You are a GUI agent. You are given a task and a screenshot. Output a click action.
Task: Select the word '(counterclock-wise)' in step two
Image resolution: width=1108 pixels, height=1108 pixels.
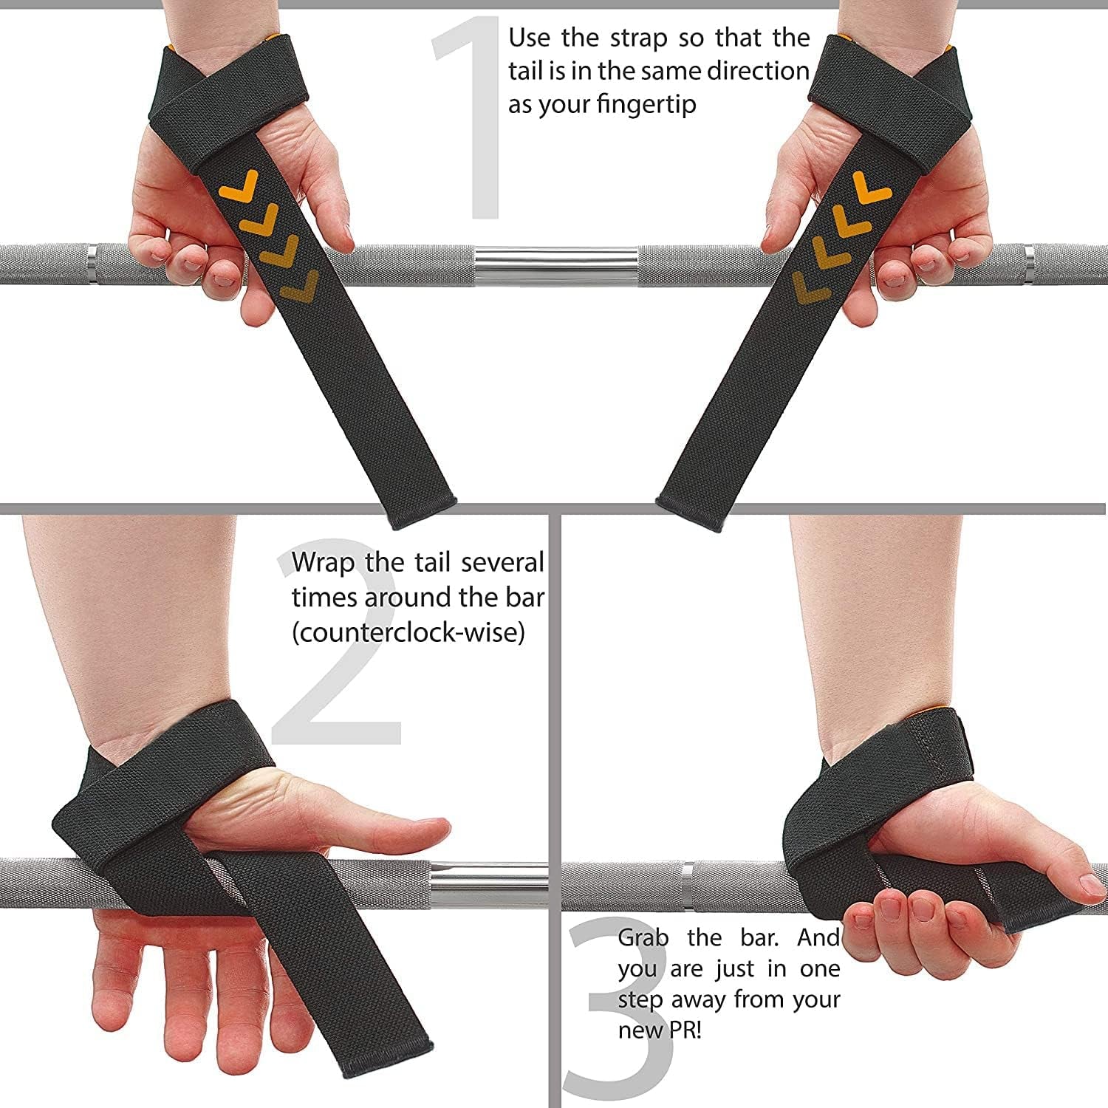point(408,632)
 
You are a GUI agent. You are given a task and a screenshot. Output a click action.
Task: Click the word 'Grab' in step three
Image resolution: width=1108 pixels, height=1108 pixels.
point(643,938)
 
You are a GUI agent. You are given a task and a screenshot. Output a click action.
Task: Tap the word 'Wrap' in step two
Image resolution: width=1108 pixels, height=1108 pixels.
point(323,563)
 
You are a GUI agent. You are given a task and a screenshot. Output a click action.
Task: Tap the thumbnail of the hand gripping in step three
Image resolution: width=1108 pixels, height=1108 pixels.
point(1090,884)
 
